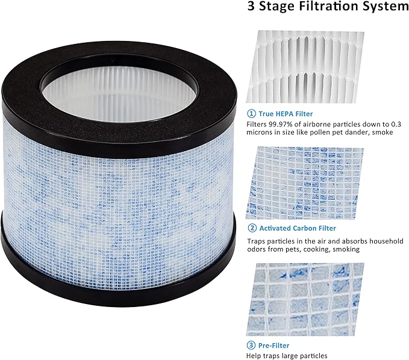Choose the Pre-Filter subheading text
point(275,346)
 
